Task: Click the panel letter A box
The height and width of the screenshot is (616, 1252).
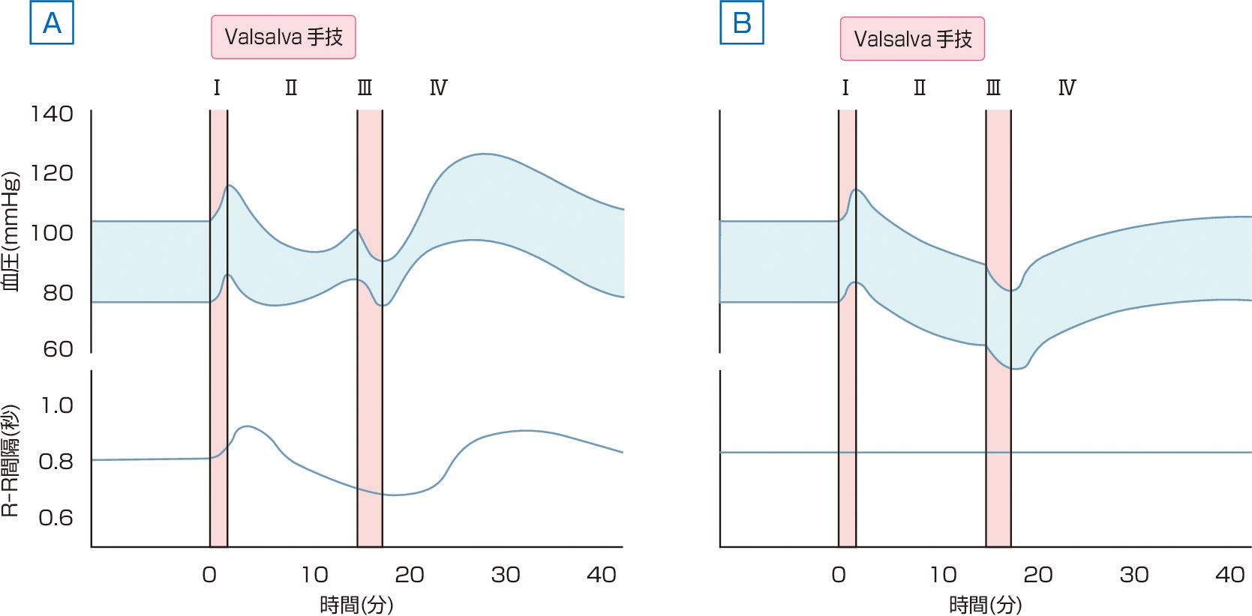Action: [x=52, y=23]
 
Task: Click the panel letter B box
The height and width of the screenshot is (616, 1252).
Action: [x=742, y=23]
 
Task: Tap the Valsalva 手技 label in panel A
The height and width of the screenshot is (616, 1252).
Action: [x=284, y=37]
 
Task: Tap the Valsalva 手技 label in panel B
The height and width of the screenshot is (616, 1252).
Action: [x=912, y=39]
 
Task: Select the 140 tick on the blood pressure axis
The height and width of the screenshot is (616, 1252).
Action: [x=52, y=114]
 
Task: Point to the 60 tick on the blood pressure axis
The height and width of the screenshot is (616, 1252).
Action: [x=58, y=348]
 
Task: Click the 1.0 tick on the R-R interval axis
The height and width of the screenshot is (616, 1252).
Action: [x=56, y=405]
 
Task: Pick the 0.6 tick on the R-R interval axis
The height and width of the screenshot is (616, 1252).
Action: [x=56, y=518]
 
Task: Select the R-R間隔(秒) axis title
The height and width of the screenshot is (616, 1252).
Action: [x=11, y=460]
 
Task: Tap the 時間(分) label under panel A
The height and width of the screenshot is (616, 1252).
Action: [x=356, y=604]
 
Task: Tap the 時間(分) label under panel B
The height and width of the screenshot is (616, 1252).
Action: [x=985, y=604]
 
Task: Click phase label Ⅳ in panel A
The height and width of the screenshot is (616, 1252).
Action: [x=438, y=88]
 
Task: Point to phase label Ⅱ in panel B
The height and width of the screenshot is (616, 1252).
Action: [x=920, y=88]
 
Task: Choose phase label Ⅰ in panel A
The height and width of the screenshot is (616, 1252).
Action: [x=217, y=88]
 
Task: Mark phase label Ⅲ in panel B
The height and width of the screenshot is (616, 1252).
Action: [x=993, y=88]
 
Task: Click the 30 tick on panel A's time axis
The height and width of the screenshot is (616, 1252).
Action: [x=506, y=575]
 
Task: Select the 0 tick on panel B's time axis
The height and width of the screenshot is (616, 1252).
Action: [x=839, y=575]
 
